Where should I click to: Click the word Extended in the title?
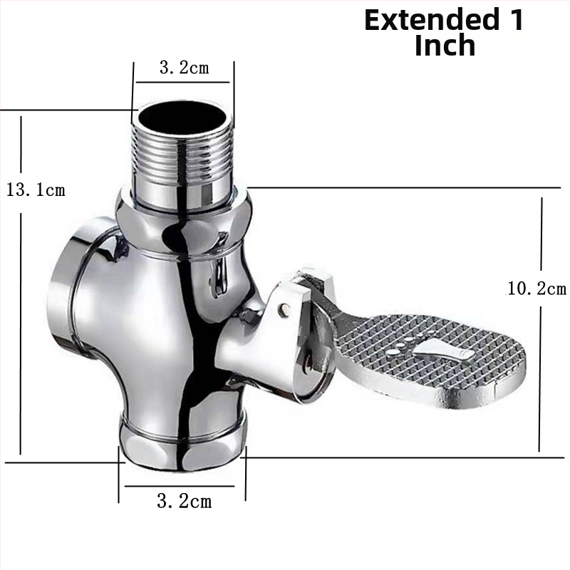[x=432, y=20]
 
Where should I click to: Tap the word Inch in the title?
[x=445, y=45]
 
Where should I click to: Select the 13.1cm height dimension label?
[x=36, y=190]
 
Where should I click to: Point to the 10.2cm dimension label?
[x=537, y=289]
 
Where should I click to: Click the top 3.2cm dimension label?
[x=185, y=68]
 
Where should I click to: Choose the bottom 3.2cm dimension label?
[x=184, y=502]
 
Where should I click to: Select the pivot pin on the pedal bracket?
[x=284, y=309]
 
